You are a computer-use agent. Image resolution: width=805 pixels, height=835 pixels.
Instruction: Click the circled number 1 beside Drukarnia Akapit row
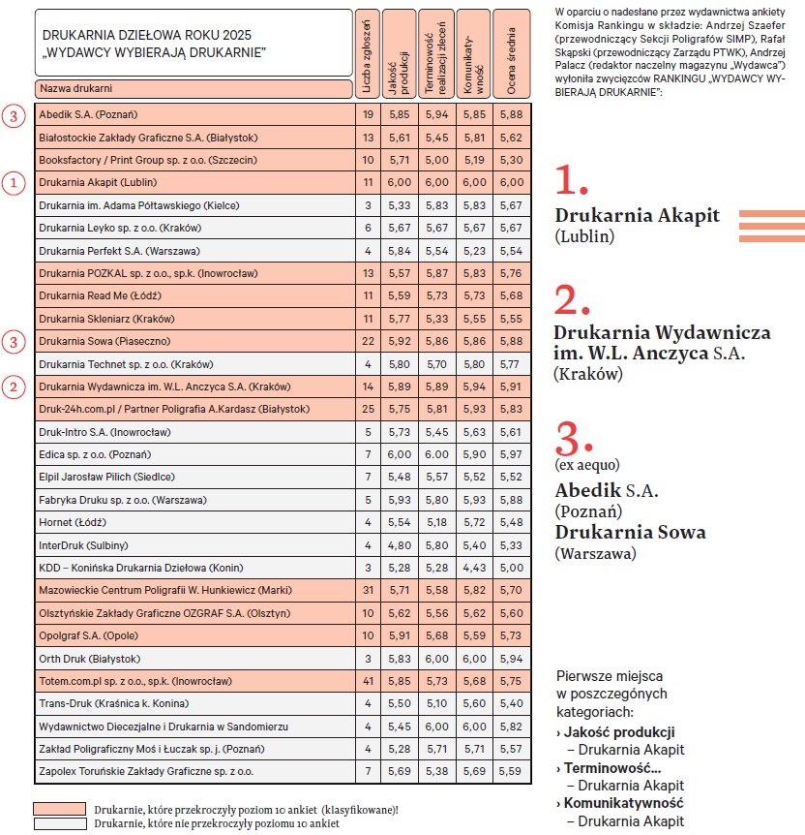point(12,182)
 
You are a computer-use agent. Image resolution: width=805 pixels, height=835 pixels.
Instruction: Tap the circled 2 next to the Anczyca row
point(12,387)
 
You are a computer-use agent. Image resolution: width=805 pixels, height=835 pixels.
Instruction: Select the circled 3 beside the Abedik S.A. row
point(12,115)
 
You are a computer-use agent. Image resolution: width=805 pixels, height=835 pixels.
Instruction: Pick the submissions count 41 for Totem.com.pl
point(367,681)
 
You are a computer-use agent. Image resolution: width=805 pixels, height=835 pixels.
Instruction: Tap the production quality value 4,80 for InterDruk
point(400,544)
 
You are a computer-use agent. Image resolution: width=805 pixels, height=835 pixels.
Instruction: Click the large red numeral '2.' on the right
point(571,301)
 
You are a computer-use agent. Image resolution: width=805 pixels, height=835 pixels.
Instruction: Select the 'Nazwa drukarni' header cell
point(194,89)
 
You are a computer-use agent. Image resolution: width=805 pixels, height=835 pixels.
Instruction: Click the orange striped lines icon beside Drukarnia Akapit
point(771,225)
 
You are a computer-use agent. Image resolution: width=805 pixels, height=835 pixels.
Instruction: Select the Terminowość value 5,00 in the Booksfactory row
point(436,159)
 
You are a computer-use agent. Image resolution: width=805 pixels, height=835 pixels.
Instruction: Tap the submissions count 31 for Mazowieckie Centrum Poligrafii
point(367,590)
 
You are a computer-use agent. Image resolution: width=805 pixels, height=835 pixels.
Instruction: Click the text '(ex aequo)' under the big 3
point(586,465)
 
